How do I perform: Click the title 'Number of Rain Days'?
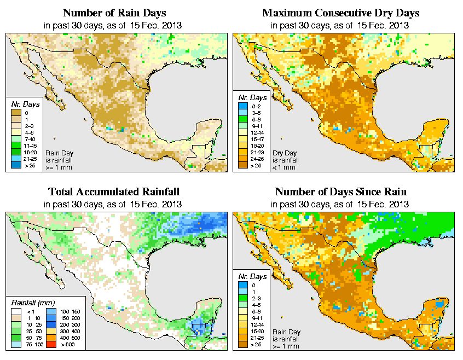(x=114, y=13)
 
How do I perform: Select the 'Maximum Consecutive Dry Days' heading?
(x=341, y=13)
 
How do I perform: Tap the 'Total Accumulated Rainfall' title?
(x=114, y=192)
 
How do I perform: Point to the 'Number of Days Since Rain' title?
(x=341, y=192)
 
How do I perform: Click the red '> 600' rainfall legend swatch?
(x=50, y=344)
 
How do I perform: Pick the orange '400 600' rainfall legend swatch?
(x=50, y=338)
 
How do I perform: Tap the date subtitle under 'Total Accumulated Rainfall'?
(x=114, y=204)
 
